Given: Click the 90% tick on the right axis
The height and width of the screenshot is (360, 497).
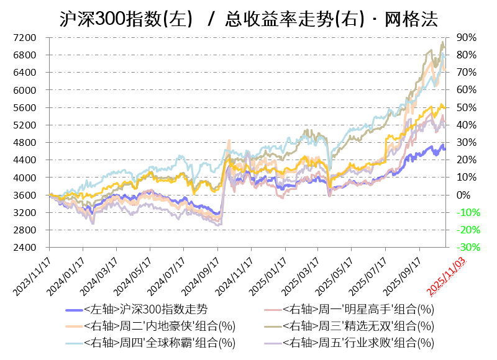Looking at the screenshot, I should [x=467, y=38].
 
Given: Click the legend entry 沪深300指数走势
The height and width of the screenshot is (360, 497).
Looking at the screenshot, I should [x=145, y=309].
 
